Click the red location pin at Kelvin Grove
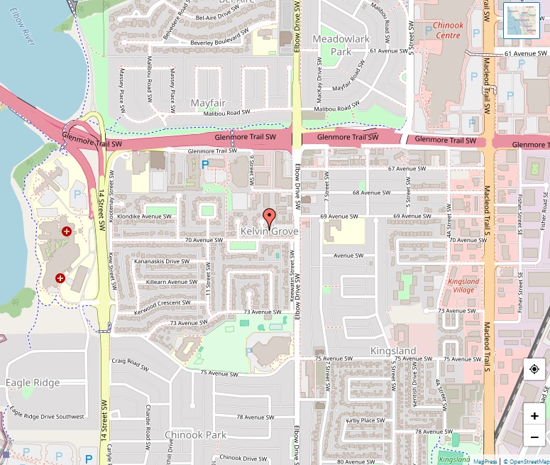(269, 217)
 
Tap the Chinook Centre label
(448, 30)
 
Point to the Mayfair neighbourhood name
(207, 103)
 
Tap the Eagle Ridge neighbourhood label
(33, 383)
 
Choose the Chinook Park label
(194, 434)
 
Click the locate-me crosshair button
(534, 370)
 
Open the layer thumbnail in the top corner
(522, 20)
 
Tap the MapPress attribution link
(485, 461)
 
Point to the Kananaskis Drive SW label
(161, 261)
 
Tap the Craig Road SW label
(128, 361)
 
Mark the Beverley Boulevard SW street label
(219, 42)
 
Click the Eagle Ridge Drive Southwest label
(47, 417)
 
